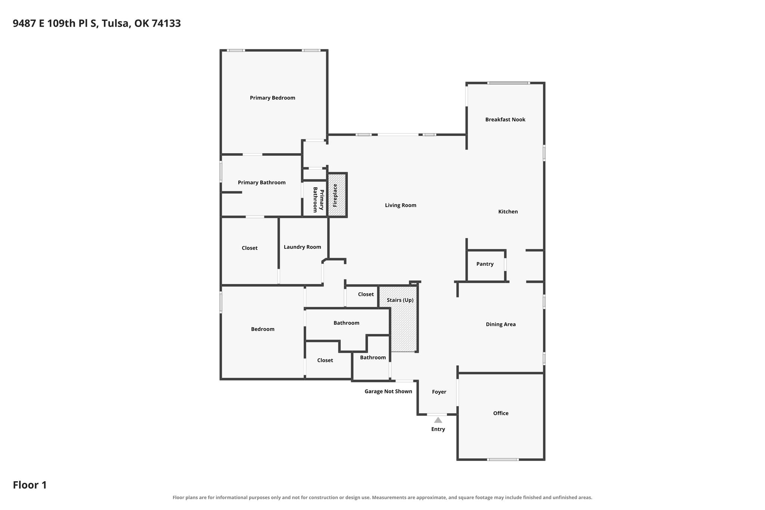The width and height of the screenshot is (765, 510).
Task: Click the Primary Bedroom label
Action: tap(272, 98)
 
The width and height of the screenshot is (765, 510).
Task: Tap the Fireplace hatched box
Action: tap(337, 195)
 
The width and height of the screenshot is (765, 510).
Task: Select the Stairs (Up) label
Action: tap(400, 300)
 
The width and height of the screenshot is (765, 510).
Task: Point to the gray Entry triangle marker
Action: tap(438, 420)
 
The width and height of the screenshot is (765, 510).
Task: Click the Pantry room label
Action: tap(485, 264)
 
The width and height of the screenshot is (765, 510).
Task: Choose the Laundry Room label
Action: tap(302, 247)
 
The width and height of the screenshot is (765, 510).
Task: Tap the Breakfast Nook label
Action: tap(505, 120)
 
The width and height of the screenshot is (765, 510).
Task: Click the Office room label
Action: tap(501, 413)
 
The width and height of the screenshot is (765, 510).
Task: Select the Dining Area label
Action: tap(501, 324)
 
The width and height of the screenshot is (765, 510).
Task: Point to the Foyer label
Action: tap(439, 392)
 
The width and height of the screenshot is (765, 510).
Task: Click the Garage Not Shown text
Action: tap(388, 391)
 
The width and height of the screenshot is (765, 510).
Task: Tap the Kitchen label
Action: tap(508, 211)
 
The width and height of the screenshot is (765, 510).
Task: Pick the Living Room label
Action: tap(400, 205)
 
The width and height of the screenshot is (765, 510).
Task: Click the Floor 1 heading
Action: tap(30, 485)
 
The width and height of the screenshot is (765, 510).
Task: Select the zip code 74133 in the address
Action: tap(166, 24)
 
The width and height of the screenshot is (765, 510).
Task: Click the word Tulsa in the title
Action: tap(116, 24)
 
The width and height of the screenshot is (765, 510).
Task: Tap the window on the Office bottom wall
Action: tap(503, 459)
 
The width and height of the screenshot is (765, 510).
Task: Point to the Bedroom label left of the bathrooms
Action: tap(263, 329)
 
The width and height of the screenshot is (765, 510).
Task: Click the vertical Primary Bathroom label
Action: tap(318, 200)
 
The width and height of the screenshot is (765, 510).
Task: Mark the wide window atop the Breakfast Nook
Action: tap(508, 83)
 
